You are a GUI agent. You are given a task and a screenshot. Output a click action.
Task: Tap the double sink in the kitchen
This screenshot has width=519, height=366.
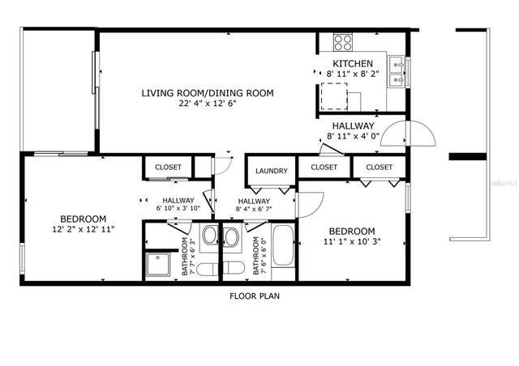coord(396,71)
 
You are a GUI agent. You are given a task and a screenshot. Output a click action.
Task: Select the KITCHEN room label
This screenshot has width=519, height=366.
coord(353,64)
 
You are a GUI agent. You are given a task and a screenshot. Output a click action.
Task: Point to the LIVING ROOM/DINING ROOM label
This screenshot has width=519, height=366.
coord(208,93)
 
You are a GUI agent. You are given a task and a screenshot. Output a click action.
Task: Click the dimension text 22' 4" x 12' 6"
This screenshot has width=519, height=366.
coord(208,104)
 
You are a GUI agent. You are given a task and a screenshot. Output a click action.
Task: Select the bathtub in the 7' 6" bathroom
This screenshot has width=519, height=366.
coord(283,247)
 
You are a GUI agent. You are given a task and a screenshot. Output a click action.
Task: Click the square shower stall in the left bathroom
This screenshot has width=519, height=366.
coord(158,265)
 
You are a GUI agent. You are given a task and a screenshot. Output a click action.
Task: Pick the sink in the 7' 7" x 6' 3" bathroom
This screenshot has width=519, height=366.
coord(209,238)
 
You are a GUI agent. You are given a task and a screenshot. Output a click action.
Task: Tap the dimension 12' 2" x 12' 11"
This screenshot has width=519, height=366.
coord(82,229)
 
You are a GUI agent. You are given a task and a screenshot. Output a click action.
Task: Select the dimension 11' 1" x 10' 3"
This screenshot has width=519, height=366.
coord(353,240)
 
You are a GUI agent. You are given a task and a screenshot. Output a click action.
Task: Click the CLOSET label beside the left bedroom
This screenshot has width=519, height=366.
coord(168,168)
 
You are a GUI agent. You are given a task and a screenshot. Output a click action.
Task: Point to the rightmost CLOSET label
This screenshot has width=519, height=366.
coord(379,167)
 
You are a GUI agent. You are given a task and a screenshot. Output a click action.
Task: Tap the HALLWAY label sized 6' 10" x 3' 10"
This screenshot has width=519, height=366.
coord(178,201)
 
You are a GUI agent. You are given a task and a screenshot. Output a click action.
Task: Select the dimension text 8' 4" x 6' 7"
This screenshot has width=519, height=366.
coord(254,209)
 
